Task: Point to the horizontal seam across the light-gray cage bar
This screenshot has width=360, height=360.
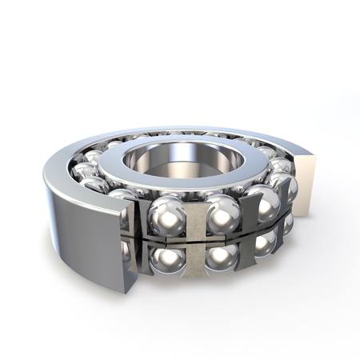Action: (x=193, y=238)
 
